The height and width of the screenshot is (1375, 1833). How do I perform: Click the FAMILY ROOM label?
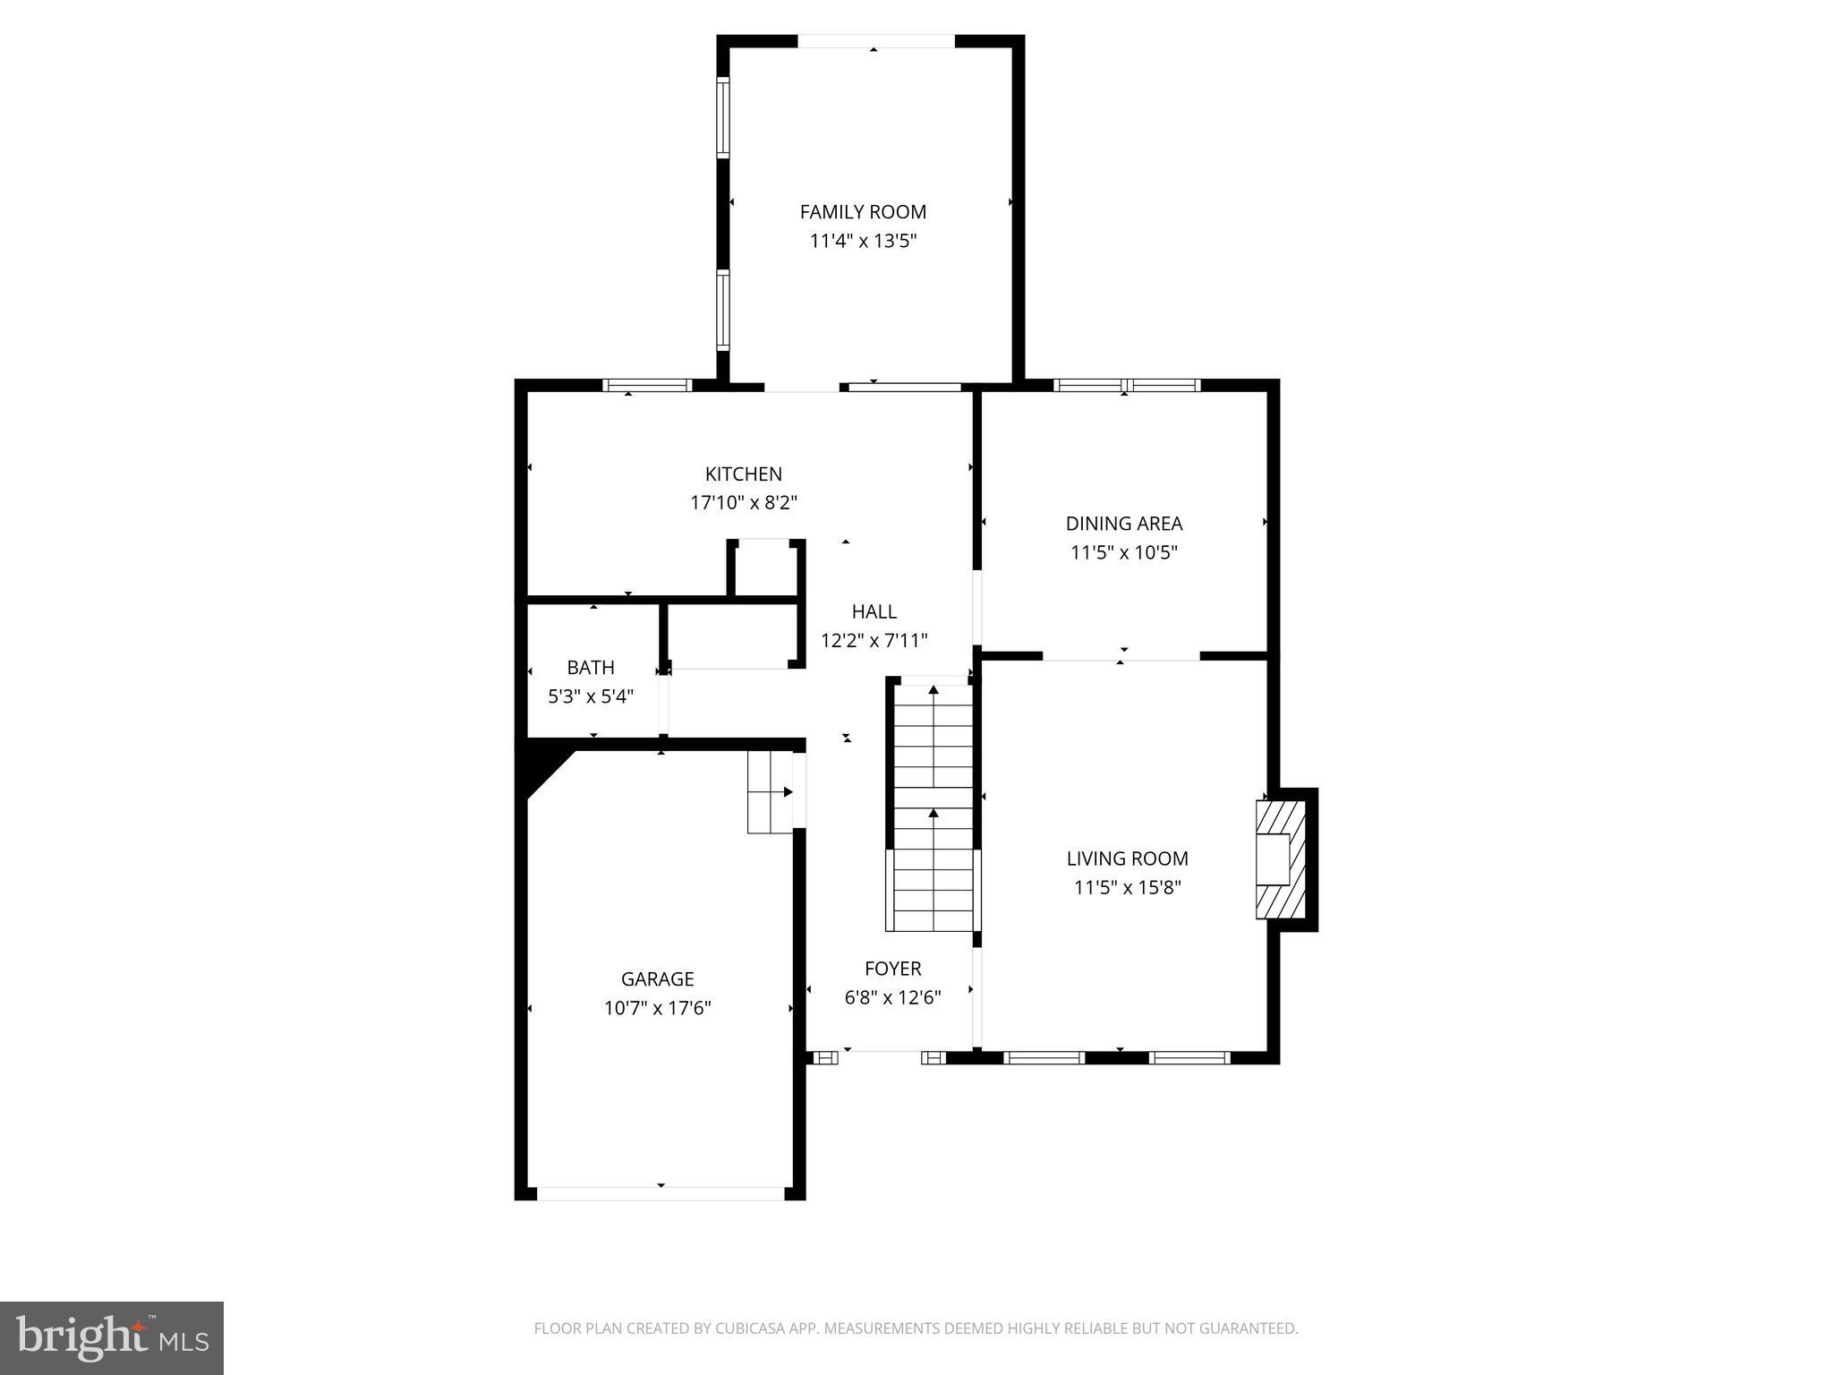coord(863,212)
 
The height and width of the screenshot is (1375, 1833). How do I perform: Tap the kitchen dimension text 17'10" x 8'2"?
coord(743,503)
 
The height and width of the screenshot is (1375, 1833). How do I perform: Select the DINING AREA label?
coord(1123,524)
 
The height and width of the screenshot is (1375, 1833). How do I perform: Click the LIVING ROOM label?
coord(1127,858)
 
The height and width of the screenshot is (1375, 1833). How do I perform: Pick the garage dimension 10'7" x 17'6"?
coord(657,1009)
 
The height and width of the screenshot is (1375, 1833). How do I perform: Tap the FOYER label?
coord(892,969)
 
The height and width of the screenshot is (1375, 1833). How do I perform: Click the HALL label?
coord(874,611)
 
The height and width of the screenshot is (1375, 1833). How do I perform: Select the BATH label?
coord(591,668)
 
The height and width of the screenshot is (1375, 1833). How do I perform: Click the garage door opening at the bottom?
coord(661,1193)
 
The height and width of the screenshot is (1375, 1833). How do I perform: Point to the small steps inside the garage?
coord(770,792)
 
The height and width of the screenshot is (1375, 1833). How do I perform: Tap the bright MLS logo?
coord(112,1338)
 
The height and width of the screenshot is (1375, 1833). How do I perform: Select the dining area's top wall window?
coord(1127,386)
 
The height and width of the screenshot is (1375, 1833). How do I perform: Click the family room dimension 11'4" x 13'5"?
coord(863,241)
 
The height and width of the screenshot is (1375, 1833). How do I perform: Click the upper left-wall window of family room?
coord(722,116)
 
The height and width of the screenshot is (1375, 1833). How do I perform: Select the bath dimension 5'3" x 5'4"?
coord(591,696)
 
